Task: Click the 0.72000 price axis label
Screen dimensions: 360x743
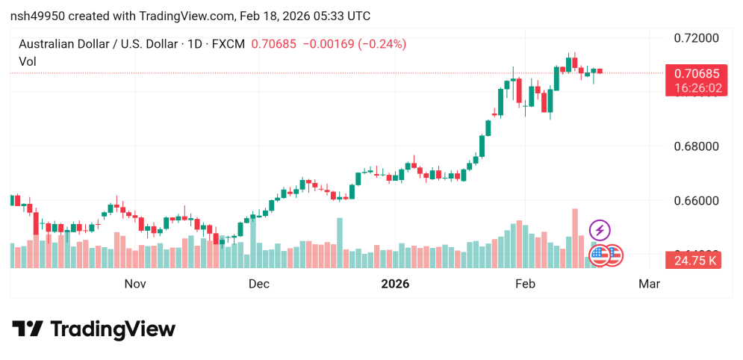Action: pos(696,38)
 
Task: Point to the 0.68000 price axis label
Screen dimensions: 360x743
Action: pos(696,146)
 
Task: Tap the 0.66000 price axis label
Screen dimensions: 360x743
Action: pos(696,201)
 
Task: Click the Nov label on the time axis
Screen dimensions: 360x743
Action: pos(134,284)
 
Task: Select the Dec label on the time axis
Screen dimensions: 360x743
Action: pos(258,284)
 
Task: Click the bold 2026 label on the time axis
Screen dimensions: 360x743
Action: pos(395,284)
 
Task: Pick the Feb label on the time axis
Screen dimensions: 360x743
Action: pos(525,284)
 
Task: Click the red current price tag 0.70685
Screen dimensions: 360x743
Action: pos(696,73)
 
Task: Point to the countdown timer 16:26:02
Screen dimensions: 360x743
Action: pos(696,88)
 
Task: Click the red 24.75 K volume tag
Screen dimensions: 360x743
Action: pos(696,261)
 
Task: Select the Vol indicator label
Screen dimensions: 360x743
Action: pos(28,62)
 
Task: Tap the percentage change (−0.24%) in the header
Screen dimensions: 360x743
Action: pos(382,44)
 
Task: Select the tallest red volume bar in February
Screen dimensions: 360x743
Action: pos(575,238)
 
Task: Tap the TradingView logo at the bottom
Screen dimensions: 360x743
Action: pos(93,329)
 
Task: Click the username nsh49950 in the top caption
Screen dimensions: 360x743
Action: pos(40,16)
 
